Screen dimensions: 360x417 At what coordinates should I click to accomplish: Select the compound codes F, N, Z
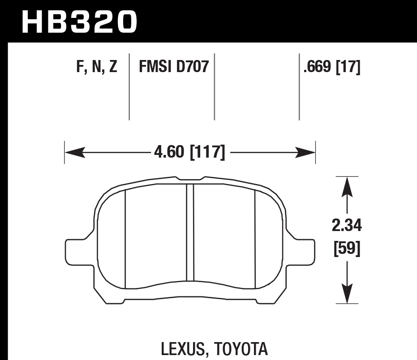click(97, 67)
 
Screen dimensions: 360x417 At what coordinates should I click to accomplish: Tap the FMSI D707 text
click(174, 67)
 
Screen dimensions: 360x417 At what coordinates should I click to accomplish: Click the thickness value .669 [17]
click(332, 67)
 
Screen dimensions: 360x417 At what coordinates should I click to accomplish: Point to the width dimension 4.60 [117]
click(189, 153)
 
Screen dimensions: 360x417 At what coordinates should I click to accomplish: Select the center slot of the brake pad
click(190, 233)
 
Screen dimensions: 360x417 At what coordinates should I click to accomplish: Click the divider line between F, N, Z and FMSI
click(129, 87)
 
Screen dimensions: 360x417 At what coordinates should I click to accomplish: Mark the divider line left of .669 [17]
click(299, 87)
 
